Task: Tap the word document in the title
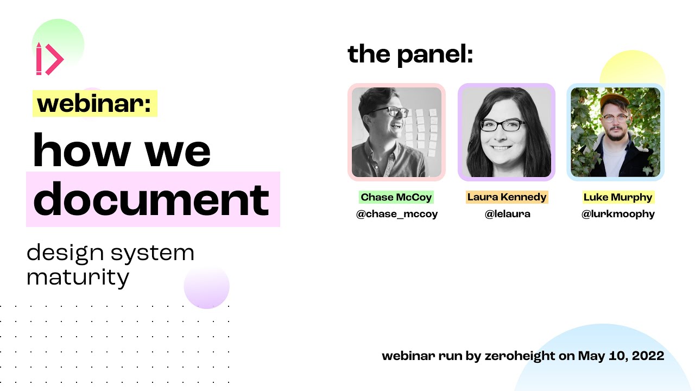(151, 199)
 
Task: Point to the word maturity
(78, 278)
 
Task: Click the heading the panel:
(410, 54)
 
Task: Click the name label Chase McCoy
(396, 197)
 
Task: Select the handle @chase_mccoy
(396, 214)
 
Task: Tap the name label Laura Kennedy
(507, 197)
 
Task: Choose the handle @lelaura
(507, 214)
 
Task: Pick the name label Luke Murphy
(618, 197)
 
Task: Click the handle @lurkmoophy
(618, 214)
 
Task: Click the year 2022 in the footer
(648, 356)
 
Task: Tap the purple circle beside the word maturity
(207, 286)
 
